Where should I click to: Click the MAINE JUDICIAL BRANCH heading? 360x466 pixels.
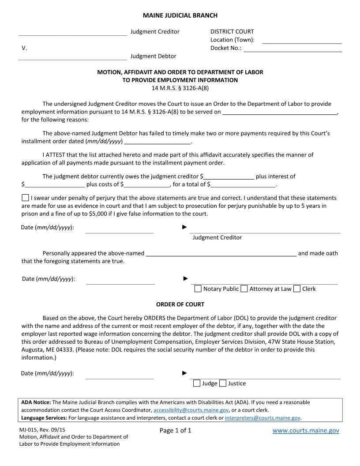180,15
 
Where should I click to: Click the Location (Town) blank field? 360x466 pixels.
302,40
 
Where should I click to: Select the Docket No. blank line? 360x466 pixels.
292,49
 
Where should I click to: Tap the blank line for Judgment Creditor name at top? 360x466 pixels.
73,32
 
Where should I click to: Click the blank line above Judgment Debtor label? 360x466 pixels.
73,56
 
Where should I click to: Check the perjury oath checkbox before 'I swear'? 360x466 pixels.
25,198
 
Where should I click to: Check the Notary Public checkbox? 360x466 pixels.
198,289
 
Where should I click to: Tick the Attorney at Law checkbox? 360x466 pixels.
244,289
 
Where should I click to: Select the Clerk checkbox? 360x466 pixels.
297,289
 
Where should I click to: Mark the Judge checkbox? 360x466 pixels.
197,383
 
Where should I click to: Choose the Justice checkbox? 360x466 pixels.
223,383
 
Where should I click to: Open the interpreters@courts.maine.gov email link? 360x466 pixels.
262,417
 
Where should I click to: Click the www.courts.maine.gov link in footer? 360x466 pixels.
306,431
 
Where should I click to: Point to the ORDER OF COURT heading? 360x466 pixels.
180,304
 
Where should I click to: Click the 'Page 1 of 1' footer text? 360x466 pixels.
176,431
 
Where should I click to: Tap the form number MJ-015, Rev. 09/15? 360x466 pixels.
44,429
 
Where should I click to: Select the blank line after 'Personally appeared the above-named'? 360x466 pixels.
221,253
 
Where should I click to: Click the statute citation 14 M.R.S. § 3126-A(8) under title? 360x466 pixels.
180,88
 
